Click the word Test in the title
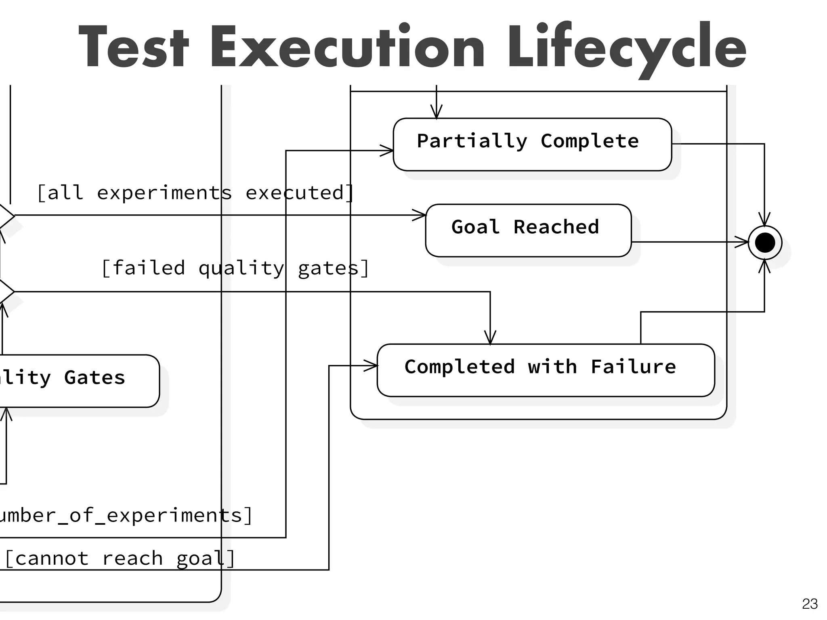point(133,48)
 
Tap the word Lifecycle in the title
point(626,48)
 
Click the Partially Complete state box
point(532,144)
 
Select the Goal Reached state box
point(528,230)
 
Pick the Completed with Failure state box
point(546,370)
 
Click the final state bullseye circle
point(764,243)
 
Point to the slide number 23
point(810,604)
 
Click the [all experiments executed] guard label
point(195,193)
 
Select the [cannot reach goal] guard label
point(120,559)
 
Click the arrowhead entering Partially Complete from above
point(436,112)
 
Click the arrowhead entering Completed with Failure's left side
point(371,366)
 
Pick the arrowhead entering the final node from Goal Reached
point(742,242)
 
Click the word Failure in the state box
point(633,367)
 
